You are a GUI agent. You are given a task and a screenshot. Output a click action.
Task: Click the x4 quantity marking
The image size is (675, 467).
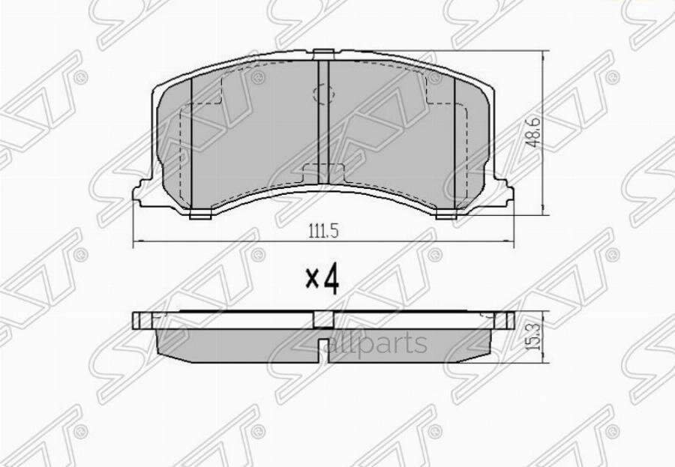coord(323,278)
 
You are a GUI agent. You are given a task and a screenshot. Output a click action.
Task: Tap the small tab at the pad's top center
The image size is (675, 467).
coord(323,53)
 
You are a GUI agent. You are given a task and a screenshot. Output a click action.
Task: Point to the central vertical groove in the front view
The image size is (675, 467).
coord(324,112)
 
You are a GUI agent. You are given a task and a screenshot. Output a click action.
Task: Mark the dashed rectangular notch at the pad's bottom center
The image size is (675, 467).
coord(323,172)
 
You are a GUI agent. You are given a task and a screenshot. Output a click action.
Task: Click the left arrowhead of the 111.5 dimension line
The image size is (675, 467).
coord(136,242)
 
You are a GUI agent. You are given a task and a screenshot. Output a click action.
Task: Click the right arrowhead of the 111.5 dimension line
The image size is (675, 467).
coord(512,242)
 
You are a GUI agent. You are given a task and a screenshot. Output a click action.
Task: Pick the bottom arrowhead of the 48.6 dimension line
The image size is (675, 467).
coord(542,214)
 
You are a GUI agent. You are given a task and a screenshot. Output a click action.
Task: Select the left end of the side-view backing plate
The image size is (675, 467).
coord(138,320)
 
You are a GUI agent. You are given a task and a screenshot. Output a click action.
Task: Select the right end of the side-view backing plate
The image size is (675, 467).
coord(509,320)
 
